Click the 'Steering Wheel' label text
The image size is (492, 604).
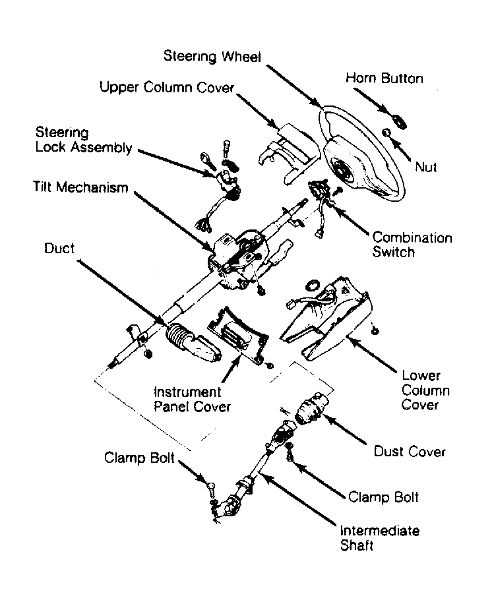(212, 56)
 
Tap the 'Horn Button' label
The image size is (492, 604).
(384, 78)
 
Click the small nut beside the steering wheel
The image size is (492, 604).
(385, 133)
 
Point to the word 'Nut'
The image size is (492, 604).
(426, 167)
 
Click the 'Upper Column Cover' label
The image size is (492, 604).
(167, 88)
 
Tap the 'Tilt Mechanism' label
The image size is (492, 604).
(80, 187)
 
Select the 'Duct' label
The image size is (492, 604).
(59, 248)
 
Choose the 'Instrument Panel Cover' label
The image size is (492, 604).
(192, 399)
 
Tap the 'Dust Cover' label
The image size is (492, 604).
(410, 452)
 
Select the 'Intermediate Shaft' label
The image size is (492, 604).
(379, 538)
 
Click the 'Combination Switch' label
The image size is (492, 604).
(412, 245)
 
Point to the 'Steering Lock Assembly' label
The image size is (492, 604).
(84, 139)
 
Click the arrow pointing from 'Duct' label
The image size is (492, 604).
(121, 291)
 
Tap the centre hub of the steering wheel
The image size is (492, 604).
(342, 169)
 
